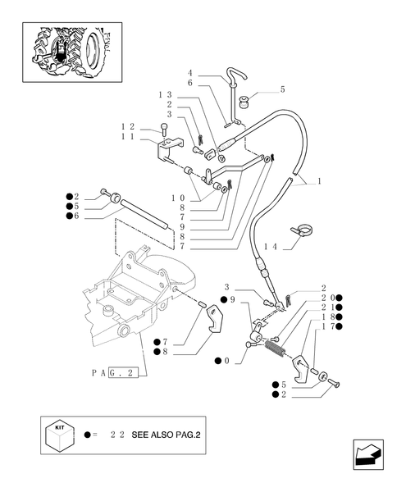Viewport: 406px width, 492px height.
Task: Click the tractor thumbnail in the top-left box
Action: coord(69,50)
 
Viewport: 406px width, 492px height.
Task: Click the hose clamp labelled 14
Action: coord(301,231)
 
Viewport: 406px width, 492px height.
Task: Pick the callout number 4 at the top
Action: coord(189,72)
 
